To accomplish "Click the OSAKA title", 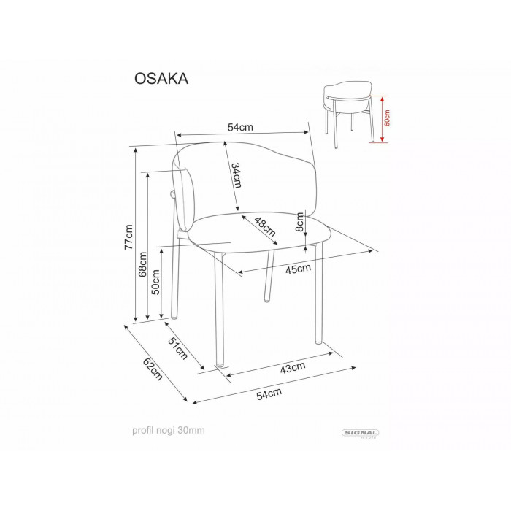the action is pos(161,79).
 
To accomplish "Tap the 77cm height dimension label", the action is pos(128,237).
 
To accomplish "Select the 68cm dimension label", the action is pos(142,264).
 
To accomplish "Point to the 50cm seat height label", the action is pos(155,282).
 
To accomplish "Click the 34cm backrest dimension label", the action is pos(237,175).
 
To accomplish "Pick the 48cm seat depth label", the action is pos(265,227).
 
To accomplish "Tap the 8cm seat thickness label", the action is pos(299,222).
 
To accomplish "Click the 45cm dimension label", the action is pos(298,269).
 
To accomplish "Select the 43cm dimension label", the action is pos(293,367).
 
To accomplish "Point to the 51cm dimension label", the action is pos(177,348).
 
